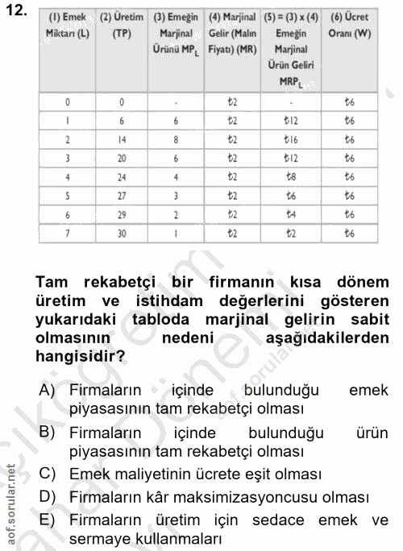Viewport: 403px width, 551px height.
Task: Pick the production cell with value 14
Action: pos(122,139)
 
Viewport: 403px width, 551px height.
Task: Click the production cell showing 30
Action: pos(122,233)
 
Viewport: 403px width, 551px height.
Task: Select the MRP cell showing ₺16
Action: pos(291,139)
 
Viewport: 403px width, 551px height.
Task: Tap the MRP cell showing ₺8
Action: pos(291,176)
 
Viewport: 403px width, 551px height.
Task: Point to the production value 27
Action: pos(122,195)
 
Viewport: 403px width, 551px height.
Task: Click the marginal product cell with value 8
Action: pos(177,139)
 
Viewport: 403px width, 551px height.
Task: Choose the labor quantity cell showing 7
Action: pos(67,233)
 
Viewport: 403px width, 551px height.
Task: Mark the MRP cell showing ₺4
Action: pos(291,214)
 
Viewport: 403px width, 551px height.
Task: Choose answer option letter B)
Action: pos(46,432)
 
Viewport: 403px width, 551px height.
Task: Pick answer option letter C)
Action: pos(46,474)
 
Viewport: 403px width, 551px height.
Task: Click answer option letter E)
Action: pos(46,519)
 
